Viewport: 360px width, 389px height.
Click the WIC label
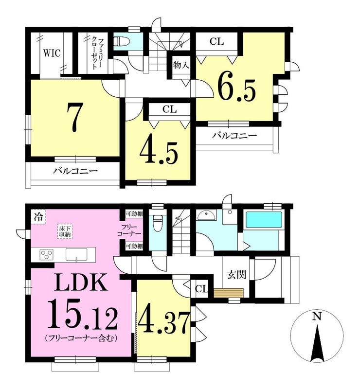52,53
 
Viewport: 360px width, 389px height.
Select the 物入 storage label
181,66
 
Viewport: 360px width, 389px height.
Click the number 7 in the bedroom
74,118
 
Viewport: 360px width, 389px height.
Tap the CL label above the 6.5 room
217,42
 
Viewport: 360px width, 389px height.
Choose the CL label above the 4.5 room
170,109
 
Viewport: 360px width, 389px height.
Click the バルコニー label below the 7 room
75,171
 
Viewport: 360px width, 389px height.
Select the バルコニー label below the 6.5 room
234,136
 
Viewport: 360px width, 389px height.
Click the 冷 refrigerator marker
39,217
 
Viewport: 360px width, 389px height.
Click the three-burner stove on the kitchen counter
47,254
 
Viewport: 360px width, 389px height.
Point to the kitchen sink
76,254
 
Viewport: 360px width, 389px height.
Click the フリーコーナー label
129,230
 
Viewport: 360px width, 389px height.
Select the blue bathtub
264,219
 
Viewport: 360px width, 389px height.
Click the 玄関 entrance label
236,275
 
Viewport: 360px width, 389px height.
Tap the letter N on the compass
317,317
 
